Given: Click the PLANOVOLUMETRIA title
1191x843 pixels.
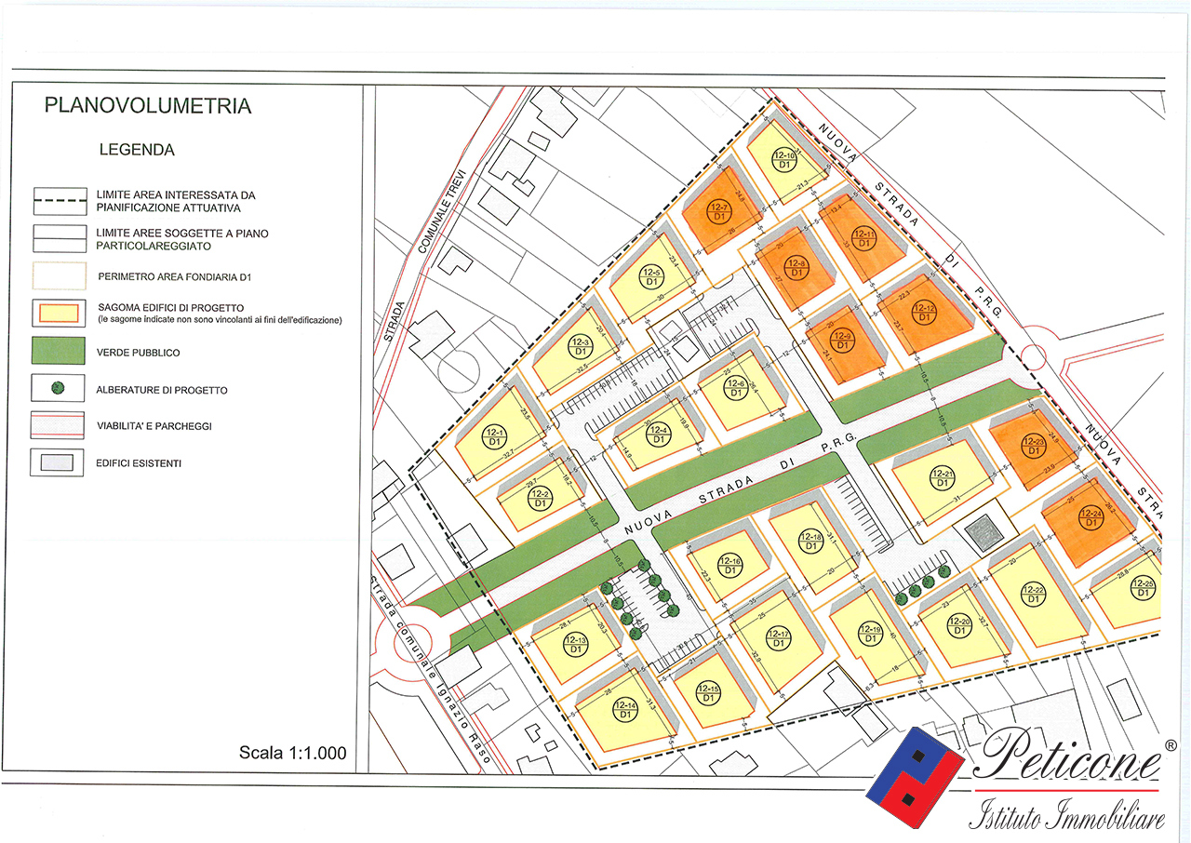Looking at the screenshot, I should pyautogui.click(x=148, y=106).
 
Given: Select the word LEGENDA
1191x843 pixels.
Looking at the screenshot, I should pyautogui.click(x=137, y=150).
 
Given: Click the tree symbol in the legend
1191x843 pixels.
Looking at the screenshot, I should pyautogui.click(x=56, y=388).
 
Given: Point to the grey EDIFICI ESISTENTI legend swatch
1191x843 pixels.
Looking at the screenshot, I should pyautogui.click(x=56, y=462).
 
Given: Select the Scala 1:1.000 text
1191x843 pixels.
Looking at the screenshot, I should pyautogui.click(x=292, y=753).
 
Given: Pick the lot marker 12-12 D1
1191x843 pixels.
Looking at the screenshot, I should pyautogui.click(x=925, y=313).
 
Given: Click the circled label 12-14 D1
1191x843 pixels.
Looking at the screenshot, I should pyautogui.click(x=626, y=710).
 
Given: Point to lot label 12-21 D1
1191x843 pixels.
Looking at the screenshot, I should pyautogui.click(x=942, y=479).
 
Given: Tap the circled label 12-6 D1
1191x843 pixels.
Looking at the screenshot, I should pyautogui.click(x=735, y=388).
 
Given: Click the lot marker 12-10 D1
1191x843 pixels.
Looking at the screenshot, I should pyautogui.click(x=783, y=159).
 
